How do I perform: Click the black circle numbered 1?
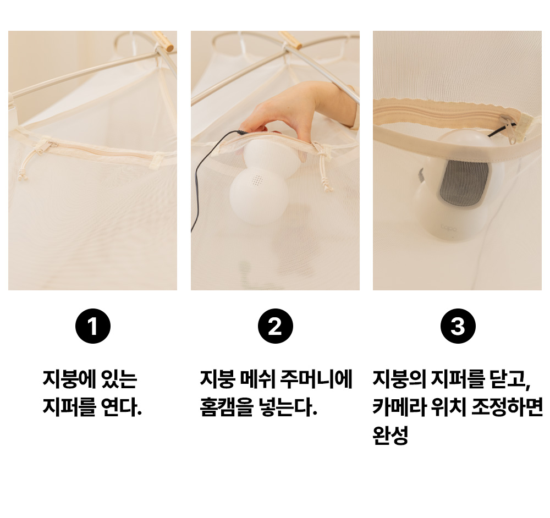pos(93,326)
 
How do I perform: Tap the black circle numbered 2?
pos(276,326)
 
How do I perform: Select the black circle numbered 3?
pos(458,326)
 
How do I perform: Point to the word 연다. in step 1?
pos(121,407)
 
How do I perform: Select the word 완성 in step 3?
pos(391,436)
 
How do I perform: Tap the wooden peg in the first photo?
pos(164,41)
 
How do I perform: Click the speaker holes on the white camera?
pos(257,180)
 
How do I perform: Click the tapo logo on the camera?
pos(449,229)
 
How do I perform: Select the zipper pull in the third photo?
pos(509,128)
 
